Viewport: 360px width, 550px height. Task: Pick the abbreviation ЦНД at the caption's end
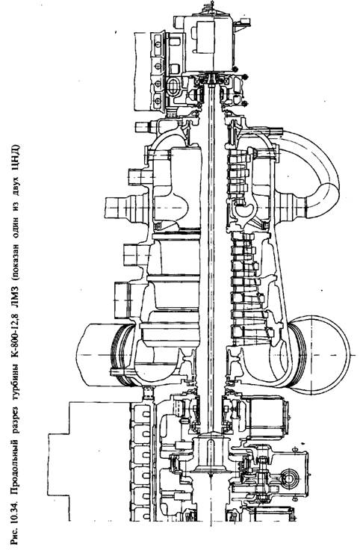[16, 155]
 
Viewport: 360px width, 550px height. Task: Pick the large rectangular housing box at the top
[208, 44]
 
